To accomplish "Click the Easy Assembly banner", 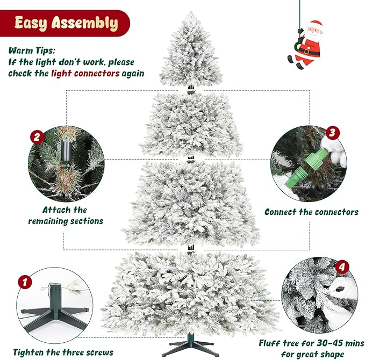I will point(66,24).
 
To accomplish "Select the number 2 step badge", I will point(37,136).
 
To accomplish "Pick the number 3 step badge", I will point(332,132).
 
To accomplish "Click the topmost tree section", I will point(189,51).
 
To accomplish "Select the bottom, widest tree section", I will point(189,293).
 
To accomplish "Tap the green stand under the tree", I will point(189,344).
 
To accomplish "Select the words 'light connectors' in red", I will point(85,73).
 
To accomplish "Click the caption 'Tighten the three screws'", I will point(63,352).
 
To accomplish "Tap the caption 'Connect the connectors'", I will point(311,212).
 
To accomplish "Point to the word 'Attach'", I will point(58,210).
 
